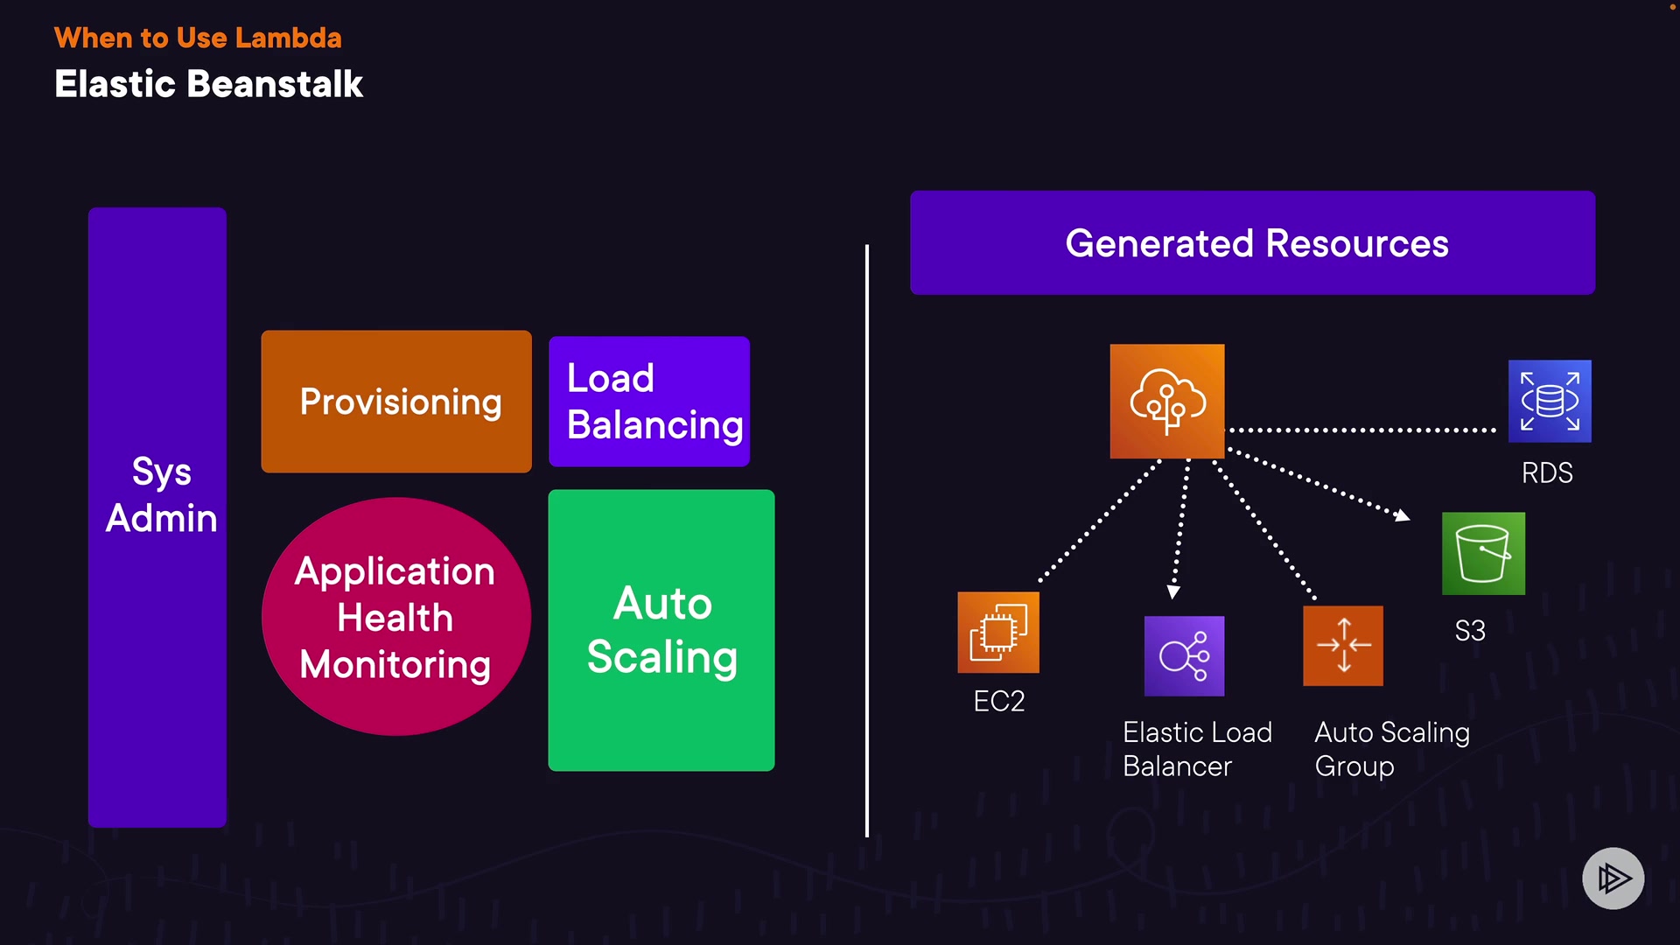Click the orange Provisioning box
[x=396, y=402]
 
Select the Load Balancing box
[x=649, y=402]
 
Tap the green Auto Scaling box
[x=661, y=630]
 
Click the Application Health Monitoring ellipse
[x=396, y=617]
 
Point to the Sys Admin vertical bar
[x=157, y=516]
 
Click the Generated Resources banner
[x=1252, y=243]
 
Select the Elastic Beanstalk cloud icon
[x=1167, y=401]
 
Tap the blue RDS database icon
[x=1550, y=401]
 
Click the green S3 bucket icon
[x=1483, y=554]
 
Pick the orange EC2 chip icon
[x=998, y=632]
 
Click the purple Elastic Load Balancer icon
[x=1184, y=656]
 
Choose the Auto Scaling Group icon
[x=1343, y=646]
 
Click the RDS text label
[x=1547, y=473]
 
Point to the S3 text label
[x=1470, y=631]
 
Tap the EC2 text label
[x=998, y=702]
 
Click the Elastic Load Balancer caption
[x=1197, y=749]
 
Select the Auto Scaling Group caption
[x=1392, y=749]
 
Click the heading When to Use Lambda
[x=198, y=38]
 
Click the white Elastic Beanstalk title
[x=208, y=84]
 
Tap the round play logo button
[x=1613, y=878]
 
